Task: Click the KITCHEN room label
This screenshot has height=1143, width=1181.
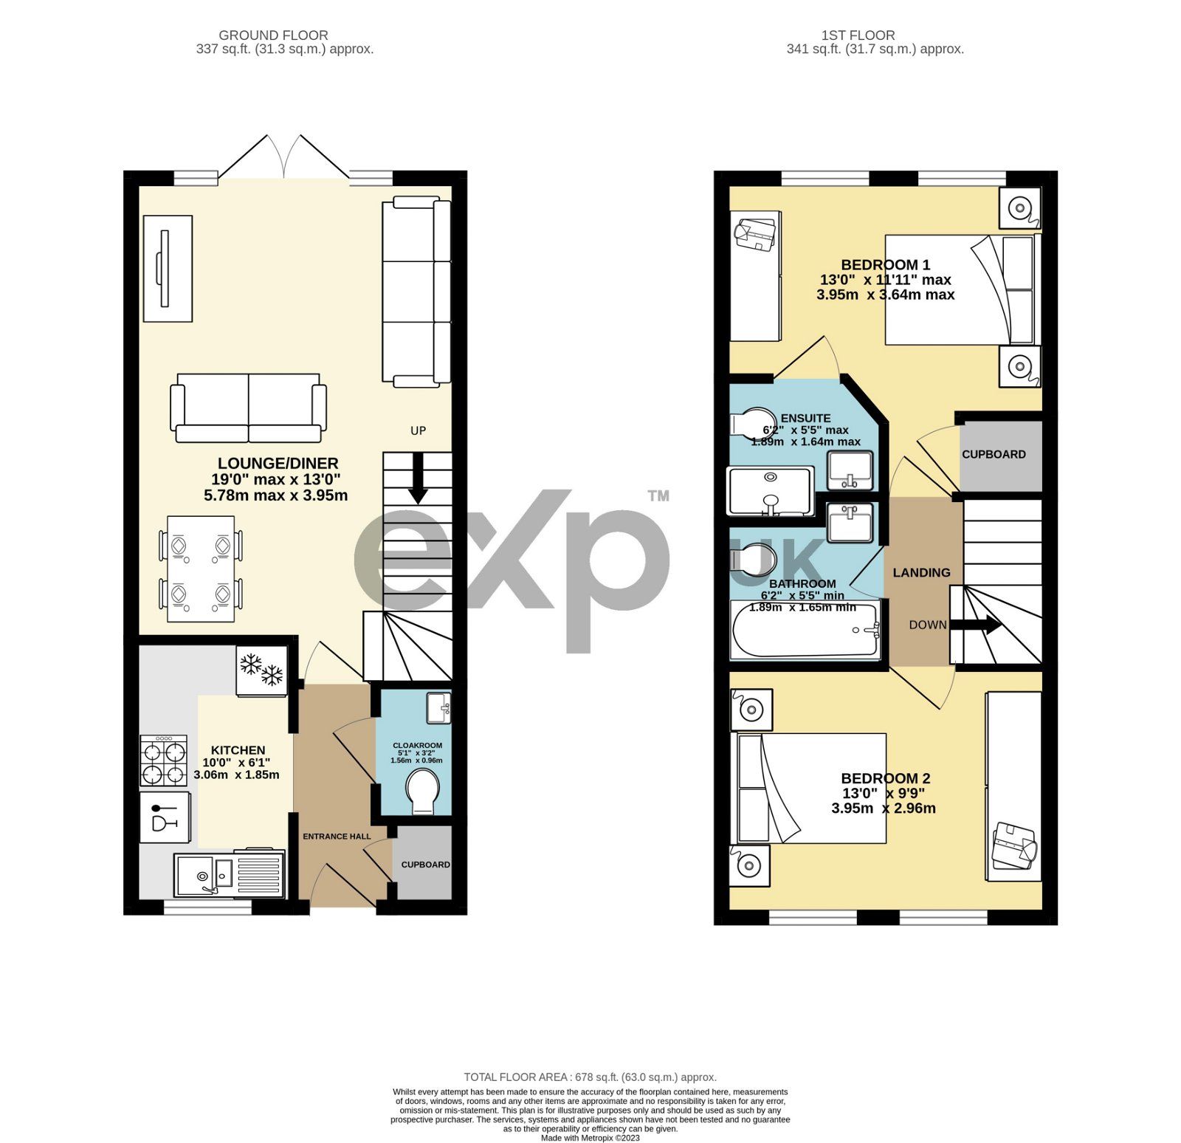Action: coord(238,749)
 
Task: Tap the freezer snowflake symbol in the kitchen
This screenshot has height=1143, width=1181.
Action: coord(261,670)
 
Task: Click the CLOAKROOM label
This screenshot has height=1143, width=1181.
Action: coord(417,745)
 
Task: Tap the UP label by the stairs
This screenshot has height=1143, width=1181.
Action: coord(418,430)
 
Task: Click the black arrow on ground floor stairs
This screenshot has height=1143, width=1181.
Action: coord(418,478)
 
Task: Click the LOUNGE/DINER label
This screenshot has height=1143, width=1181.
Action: coord(278,463)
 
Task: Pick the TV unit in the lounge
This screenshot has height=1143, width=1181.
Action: coord(168,268)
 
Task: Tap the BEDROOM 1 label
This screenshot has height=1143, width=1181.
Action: coord(885,264)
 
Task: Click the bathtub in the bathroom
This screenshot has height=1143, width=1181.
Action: coord(805,631)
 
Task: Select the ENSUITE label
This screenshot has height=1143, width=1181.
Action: coord(805,418)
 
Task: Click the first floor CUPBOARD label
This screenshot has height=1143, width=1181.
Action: coord(994,454)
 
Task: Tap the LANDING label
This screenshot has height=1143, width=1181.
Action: coord(921,572)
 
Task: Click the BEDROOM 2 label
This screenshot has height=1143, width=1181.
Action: coord(885,778)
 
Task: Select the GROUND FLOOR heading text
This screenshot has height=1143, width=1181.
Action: coord(273,35)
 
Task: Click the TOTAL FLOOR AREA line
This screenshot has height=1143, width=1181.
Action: coord(590,1077)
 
